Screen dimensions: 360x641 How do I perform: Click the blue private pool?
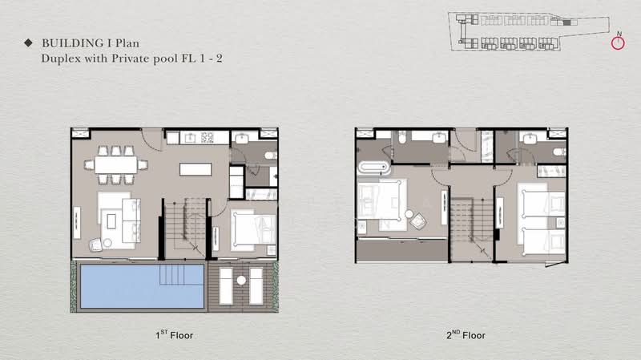point(120,286)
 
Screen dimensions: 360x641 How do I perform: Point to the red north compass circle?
point(618,43)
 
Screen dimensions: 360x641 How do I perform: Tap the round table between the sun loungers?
point(240,282)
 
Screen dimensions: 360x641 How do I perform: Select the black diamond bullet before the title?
point(28,42)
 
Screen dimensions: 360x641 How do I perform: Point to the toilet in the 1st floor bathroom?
point(270,154)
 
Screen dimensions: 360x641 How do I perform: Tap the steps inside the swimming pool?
point(175,276)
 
